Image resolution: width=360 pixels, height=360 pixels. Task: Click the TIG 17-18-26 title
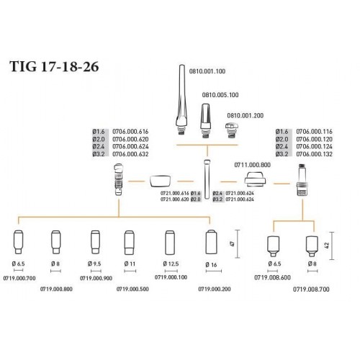[54, 66]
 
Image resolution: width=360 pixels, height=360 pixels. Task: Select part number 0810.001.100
[207, 71]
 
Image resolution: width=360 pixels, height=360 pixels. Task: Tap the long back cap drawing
[181, 99]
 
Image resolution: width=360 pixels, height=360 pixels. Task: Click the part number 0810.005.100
[220, 95]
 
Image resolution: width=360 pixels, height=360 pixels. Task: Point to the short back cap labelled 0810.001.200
[230, 130]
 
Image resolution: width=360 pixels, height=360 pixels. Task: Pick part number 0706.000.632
[130, 154]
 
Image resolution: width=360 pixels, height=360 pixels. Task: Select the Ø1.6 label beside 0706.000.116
[282, 132]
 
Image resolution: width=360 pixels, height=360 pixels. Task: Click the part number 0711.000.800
[252, 165]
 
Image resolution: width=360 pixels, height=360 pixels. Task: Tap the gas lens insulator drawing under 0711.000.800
[255, 179]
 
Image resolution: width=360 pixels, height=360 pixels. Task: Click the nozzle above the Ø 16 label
[212, 242]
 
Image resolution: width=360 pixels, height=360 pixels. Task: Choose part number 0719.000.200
[215, 289]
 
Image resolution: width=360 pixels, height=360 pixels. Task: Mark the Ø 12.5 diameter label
[171, 264]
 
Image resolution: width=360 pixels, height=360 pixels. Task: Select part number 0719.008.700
[311, 289]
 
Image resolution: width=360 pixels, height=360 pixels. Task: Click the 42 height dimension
[327, 246]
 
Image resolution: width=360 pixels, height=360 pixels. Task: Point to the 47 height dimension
[232, 244]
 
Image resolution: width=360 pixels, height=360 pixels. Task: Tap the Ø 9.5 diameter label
[94, 264]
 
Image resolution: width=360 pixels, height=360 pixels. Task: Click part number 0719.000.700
[19, 278]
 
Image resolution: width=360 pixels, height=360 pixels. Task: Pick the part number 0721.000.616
[174, 193]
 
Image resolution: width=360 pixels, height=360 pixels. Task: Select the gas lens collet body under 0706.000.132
[302, 179]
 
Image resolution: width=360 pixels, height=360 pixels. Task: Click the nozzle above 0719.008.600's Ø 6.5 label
[273, 246]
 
